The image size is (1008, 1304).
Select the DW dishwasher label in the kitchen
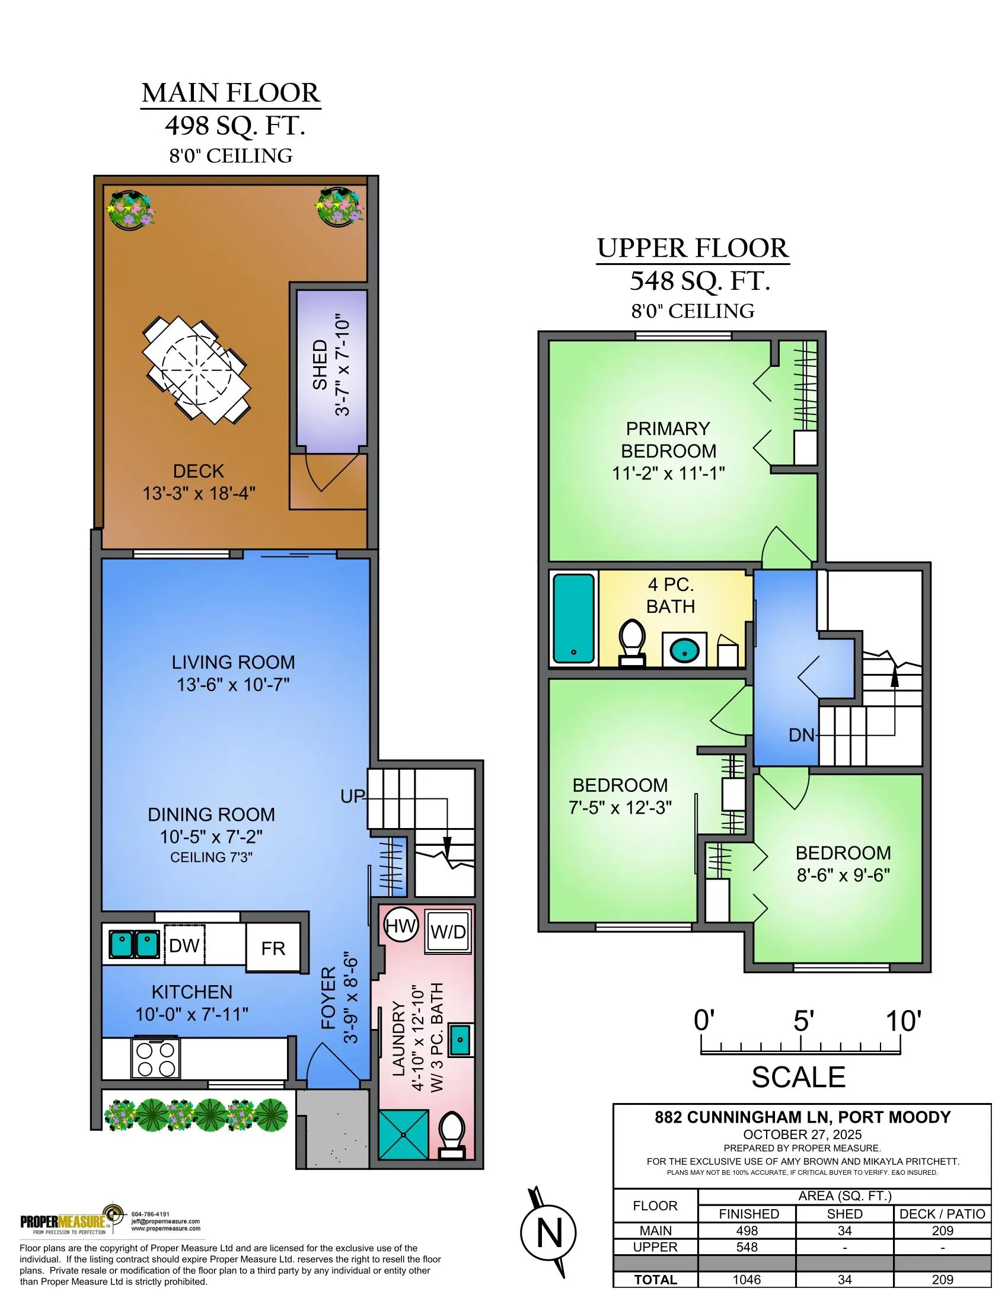[x=184, y=946]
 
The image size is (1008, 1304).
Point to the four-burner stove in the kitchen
[x=155, y=1059]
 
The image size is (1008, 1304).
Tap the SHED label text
[x=321, y=365]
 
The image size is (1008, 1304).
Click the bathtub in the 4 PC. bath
[x=574, y=619]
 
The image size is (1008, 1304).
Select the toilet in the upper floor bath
[x=632, y=643]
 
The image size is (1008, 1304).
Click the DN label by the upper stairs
[x=802, y=735]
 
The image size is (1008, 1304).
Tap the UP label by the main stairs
[x=352, y=796]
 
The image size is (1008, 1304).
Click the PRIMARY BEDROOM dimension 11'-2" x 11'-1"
[x=668, y=473]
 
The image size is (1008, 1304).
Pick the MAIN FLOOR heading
[x=231, y=92]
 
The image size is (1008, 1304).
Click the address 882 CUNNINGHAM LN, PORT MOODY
[x=803, y=1117]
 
